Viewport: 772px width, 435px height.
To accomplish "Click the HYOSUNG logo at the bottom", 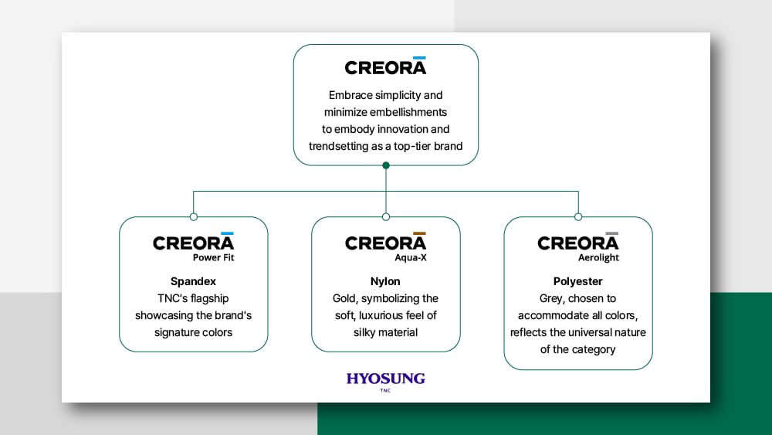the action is (x=385, y=382).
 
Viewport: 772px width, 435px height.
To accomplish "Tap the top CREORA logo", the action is (x=385, y=66).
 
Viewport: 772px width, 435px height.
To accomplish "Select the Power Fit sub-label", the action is (x=213, y=257).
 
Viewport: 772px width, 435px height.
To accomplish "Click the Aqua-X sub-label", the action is (x=411, y=257).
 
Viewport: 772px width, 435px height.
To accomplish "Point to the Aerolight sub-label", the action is (x=598, y=257).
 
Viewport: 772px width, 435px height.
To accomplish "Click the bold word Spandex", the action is (x=193, y=281).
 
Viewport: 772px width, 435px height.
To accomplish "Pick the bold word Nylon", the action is (x=385, y=281).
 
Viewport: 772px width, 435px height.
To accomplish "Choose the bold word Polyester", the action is (x=577, y=281).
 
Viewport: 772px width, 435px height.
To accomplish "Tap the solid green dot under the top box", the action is (x=386, y=165).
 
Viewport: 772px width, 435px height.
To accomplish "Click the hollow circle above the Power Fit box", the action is (x=194, y=217).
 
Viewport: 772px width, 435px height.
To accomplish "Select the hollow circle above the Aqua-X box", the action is (x=386, y=217).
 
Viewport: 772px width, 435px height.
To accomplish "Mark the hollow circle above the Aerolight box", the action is (x=578, y=217).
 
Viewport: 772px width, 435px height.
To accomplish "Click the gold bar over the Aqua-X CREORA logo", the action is (x=419, y=233).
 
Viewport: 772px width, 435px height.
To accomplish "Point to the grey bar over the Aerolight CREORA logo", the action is (x=612, y=233).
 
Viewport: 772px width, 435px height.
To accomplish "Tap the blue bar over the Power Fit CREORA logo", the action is (x=227, y=233).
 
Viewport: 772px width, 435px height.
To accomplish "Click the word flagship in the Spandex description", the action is (x=210, y=298).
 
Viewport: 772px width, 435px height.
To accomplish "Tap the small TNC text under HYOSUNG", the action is (x=385, y=391).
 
